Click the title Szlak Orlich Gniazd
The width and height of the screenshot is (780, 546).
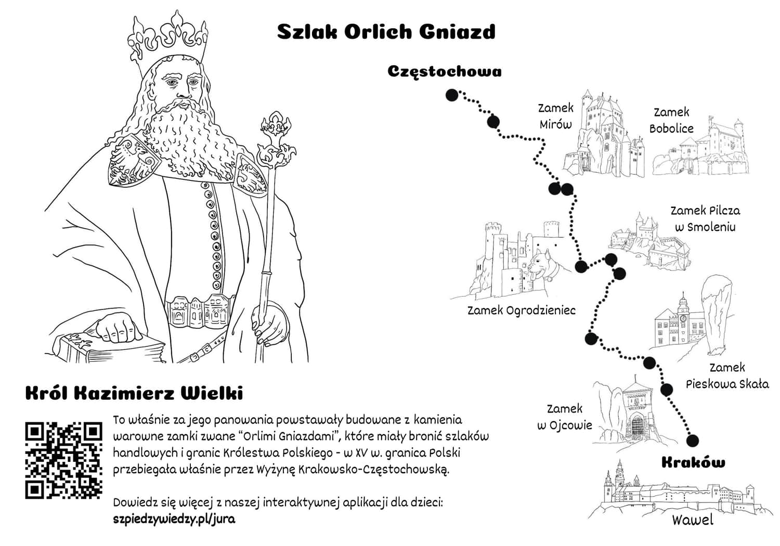click(x=386, y=32)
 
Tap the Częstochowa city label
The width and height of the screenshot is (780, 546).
click(x=445, y=72)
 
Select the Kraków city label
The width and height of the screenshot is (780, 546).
click(x=694, y=462)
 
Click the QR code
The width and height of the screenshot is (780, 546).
click(x=64, y=460)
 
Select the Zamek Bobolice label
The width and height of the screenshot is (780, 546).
click(x=671, y=121)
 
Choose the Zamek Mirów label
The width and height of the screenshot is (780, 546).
click(x=556, y=116)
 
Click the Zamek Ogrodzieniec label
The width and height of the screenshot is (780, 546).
click(x=521, y=310)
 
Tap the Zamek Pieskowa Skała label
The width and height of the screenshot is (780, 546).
click(x=727, y=376)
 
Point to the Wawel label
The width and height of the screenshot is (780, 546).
click(x=692, y=520)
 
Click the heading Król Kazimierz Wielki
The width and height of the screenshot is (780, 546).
click(x=134, y=394)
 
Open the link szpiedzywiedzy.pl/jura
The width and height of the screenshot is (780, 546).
click(x=174, y=519)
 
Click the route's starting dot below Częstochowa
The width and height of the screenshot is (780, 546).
click(x=452, y=95)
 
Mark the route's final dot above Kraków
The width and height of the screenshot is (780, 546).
click(x=693, y=440)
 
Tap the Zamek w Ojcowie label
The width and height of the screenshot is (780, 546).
click(x=564, y=417)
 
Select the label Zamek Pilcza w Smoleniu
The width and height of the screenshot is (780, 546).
click(x=706, y=219)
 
